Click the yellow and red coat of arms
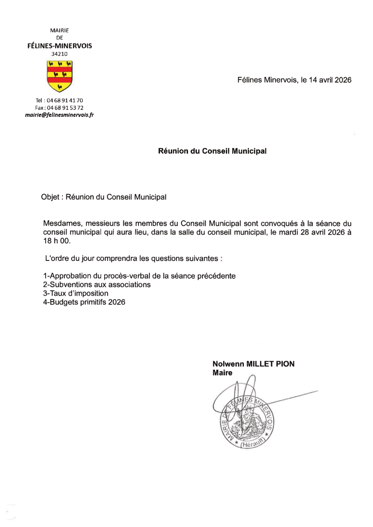[60, 76]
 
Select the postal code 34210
[60, 54]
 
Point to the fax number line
[59, 108]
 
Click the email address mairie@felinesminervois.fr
[60, 115]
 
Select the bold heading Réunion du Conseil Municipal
[212, 151]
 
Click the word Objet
[50, 198]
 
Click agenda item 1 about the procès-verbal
[139, 276]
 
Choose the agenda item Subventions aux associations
[97, 285]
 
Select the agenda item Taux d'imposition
[76, 293]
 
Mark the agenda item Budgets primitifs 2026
[84, 302]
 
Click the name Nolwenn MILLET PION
[253, 364]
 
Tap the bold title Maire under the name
[222, 373]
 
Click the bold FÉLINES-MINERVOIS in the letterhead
[60, 46]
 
